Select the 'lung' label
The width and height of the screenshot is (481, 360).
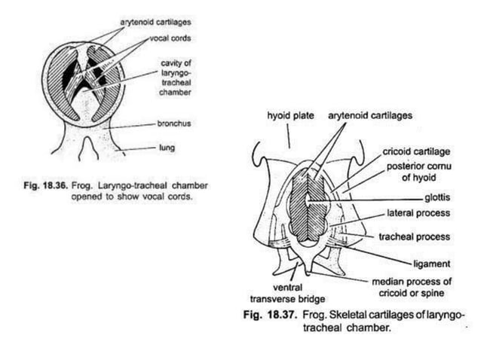(x=165, y=148)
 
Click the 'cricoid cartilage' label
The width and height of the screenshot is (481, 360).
(x=413, y=153)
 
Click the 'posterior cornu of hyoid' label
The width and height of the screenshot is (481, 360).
(x=415, y=172)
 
